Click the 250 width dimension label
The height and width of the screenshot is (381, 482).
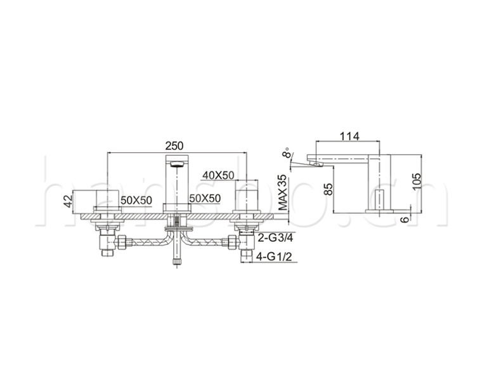pos(174,145)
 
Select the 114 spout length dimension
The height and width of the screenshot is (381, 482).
pos(349,136)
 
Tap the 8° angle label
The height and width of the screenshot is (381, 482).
pos(287,152)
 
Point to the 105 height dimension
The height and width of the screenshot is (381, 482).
pos(417,182)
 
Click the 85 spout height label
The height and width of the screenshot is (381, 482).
pos(329,189)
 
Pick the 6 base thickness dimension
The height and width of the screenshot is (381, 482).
pos(406,219)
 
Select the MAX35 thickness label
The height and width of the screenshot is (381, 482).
pos(283,192)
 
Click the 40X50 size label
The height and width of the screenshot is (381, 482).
pos(218,175)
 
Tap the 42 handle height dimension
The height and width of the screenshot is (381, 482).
pos(68,201)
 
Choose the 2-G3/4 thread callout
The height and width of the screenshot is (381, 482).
pos(275,237)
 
